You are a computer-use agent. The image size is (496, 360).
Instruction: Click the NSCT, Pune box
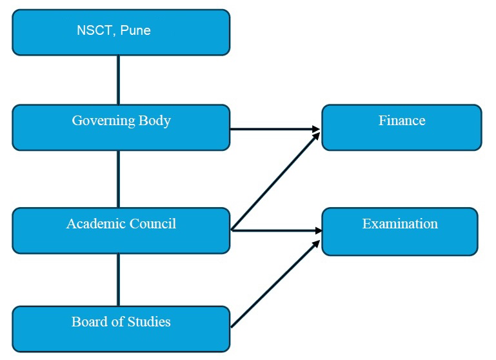121,32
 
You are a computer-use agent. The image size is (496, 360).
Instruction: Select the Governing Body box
121,128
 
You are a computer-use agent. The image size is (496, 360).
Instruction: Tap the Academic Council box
121,230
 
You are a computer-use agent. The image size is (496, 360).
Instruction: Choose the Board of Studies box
121,329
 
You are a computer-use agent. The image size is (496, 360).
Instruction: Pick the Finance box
401,128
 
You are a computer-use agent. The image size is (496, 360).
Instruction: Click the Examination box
399,231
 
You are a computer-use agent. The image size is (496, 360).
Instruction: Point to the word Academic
94,224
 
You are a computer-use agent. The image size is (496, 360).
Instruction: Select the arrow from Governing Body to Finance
275,129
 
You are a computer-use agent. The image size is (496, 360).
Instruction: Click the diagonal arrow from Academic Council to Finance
275,179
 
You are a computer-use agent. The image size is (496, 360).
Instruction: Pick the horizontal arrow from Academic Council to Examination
275,230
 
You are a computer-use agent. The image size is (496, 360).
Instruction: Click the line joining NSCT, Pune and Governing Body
118,80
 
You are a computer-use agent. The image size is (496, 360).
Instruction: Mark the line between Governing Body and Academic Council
118,179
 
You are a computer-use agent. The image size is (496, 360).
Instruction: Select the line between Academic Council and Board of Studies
118,280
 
